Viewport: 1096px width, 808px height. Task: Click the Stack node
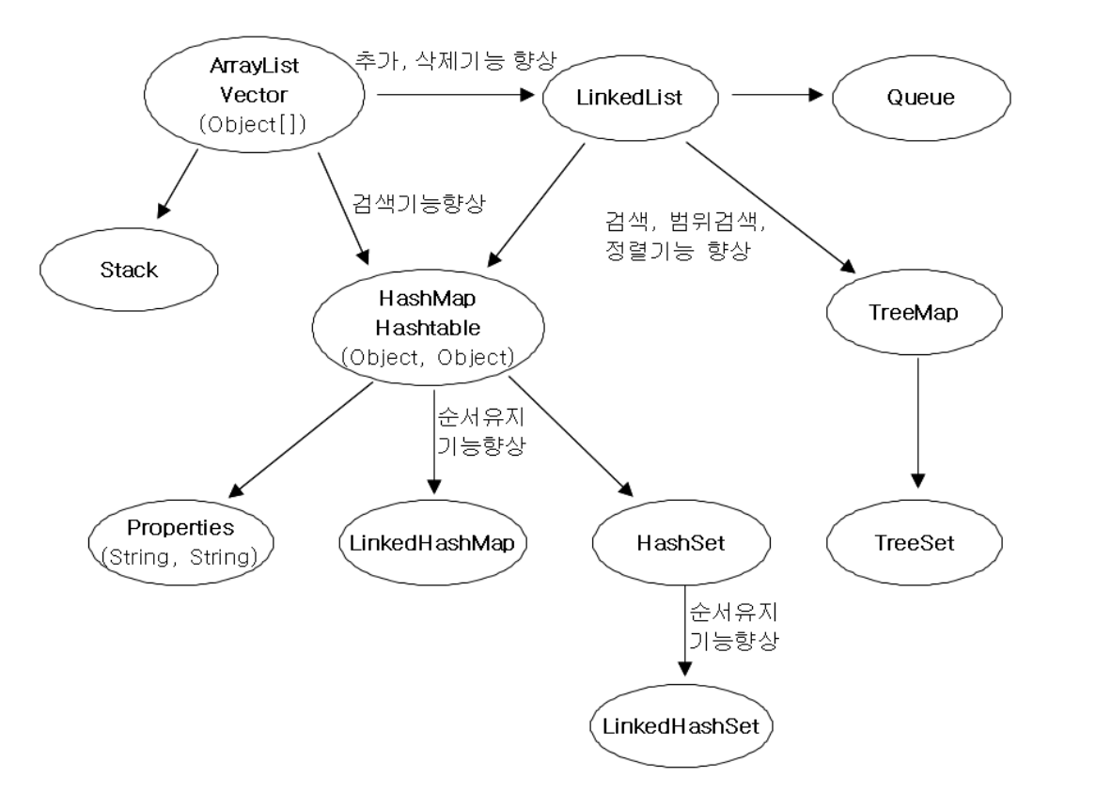[x=129, y=270]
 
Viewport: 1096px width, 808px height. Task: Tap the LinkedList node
[x=628, y=97]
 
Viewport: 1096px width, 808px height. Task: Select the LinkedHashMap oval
[x=432, y=542]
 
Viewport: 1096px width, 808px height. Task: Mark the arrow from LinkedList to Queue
[x=778, y=95]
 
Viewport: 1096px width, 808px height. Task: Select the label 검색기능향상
[x=418, y=205]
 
